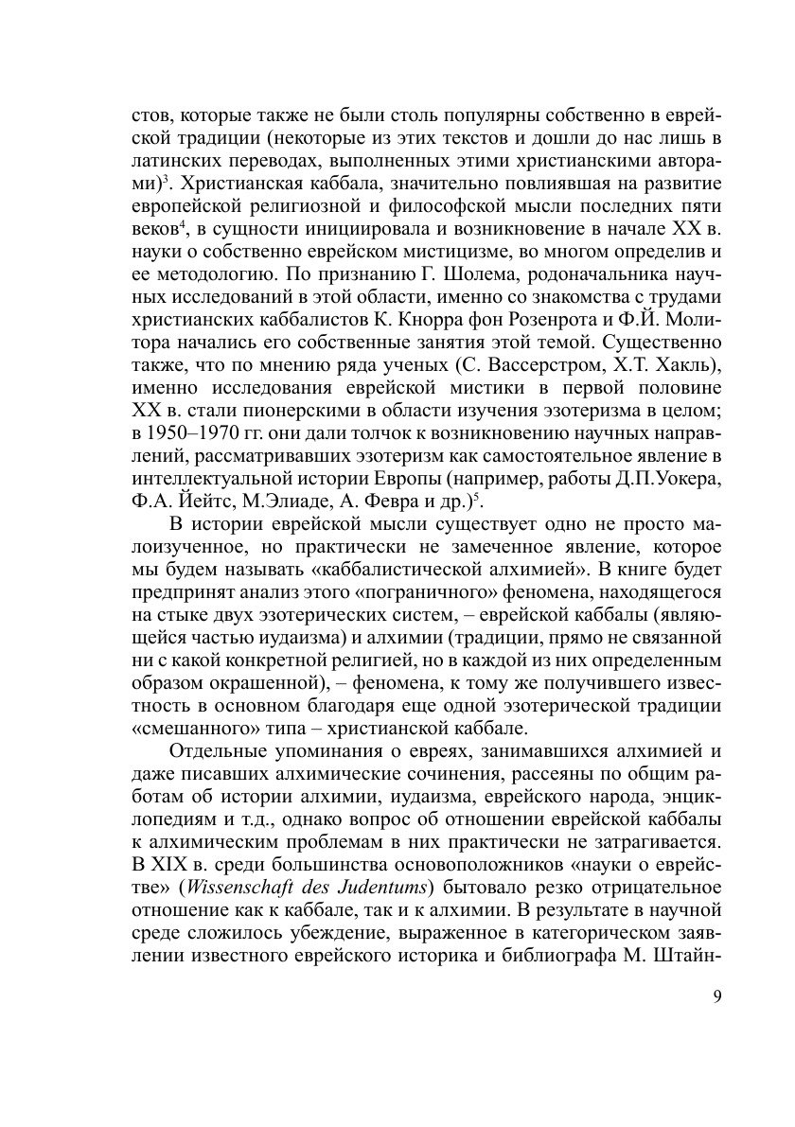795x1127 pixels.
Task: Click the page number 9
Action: [716, 995]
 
